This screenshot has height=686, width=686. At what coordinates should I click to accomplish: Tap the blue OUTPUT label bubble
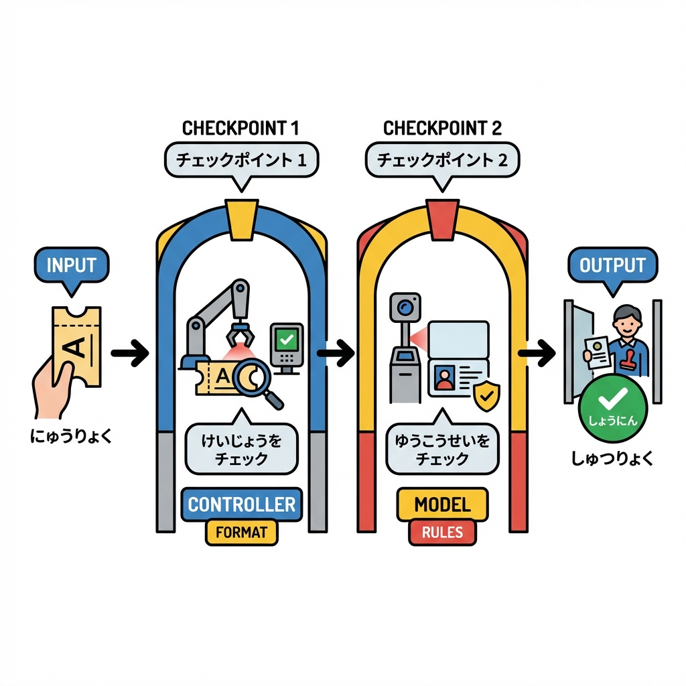pos(612,265)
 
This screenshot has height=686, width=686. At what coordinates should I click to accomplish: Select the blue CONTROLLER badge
pos(241,504)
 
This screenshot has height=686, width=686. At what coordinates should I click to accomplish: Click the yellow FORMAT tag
pos(241,533)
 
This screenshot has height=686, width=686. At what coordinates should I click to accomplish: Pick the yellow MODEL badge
pos(442,504)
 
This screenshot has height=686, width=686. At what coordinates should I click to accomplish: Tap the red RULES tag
pos(442,533)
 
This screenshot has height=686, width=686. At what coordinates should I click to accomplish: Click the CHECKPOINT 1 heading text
pos(241,127)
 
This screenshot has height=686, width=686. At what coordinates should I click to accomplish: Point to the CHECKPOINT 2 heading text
pos(442,127)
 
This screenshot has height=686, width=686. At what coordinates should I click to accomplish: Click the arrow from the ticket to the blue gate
pos(129,354)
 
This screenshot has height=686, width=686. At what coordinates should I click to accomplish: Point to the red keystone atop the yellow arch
pos(442,218)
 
